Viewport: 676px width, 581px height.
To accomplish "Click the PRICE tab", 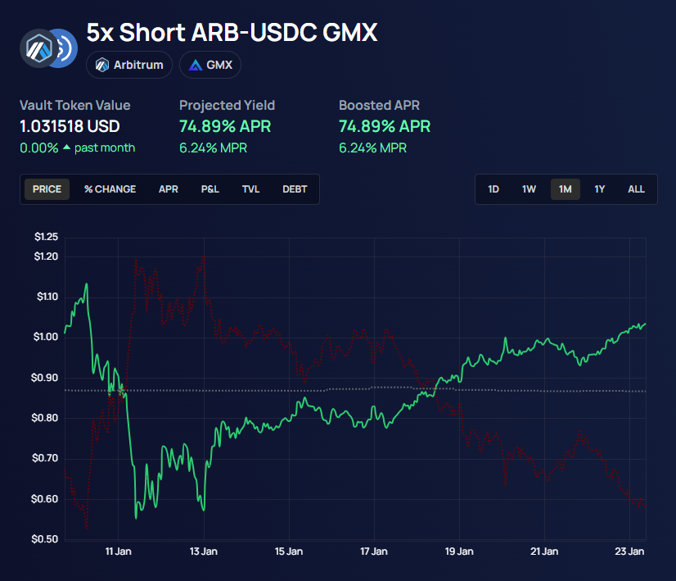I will [47, 189].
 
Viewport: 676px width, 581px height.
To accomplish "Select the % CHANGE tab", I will [110, 189].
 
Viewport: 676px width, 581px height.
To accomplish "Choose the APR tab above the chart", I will [169, 189].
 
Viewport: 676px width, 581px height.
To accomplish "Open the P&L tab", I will [210, 189].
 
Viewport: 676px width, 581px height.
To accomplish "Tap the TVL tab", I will [250, 189].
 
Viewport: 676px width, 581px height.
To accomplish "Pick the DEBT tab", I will [295, 189].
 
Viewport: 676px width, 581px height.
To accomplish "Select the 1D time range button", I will [493, 189].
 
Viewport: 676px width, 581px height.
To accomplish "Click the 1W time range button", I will [530, 189].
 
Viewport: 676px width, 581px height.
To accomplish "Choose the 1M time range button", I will [566, 189].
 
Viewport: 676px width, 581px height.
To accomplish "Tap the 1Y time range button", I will [600, 189].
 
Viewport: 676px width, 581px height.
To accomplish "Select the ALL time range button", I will [636, 189].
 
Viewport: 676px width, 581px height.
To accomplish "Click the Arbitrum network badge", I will [129, 65].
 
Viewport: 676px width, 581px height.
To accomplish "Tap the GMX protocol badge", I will [210, 65].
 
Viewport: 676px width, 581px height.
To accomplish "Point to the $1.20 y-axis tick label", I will [47, 256].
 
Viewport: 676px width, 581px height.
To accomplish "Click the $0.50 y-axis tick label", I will [47, 539].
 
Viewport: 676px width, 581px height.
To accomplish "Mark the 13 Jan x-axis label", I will [203, 551].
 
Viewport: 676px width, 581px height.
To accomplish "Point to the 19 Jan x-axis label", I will [460, 551].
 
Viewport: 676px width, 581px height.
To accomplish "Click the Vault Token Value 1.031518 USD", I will [70, 126].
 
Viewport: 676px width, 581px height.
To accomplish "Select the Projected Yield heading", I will [227, 105].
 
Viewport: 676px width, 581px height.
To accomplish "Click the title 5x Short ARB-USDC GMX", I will [232, 34].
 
